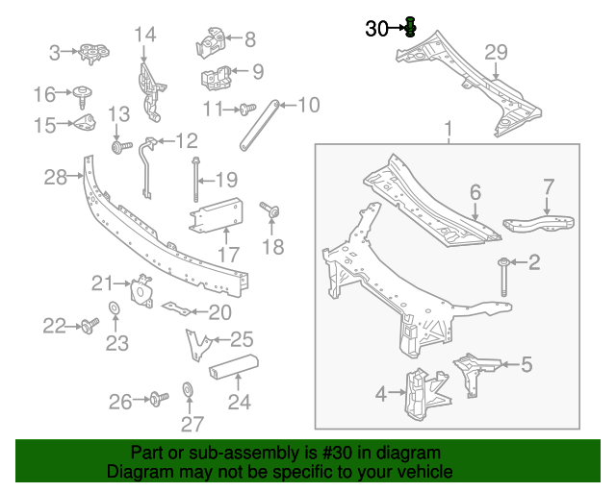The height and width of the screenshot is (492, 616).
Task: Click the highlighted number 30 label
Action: pos(375,30)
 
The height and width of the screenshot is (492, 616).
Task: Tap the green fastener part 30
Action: pos(410,26)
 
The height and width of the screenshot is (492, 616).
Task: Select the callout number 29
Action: pos(495,53)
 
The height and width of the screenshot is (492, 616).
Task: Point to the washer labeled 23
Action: pos(113,307)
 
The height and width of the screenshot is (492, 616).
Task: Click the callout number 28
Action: pos(55,176)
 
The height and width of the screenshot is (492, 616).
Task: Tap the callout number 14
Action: pos(144,35)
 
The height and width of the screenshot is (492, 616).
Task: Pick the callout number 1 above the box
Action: pos(447,129)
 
